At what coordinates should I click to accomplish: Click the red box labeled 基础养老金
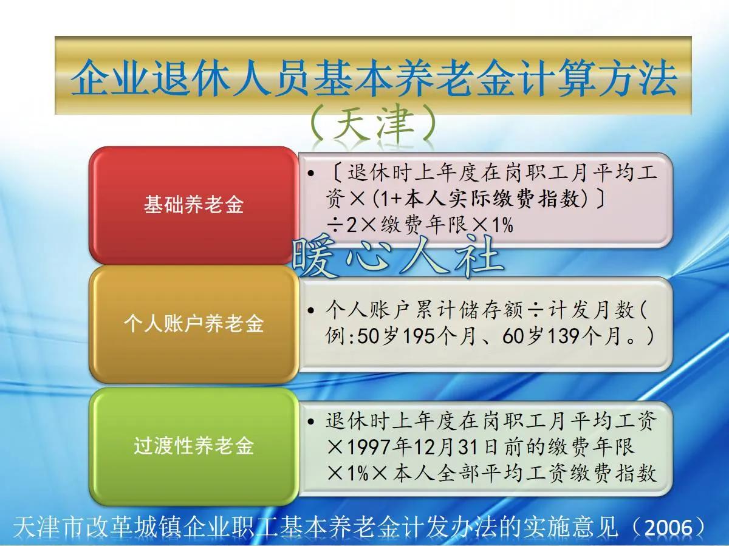[x=193, y=205]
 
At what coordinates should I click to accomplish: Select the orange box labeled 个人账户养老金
[x=193, y=323]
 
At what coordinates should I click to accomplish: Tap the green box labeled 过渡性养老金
[x=193, y=446]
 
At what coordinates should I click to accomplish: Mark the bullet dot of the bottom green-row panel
[x=312, y=421]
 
